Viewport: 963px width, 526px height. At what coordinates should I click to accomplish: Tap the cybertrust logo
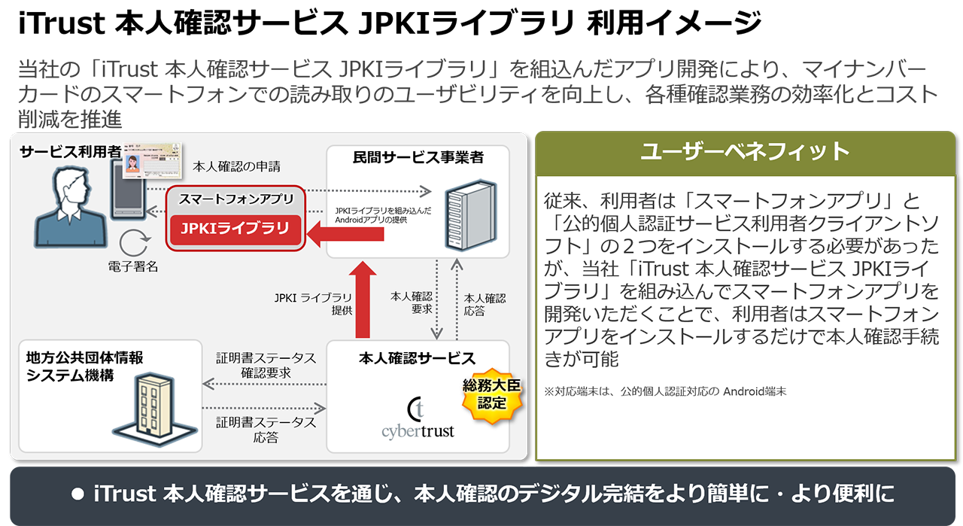click(418, 418)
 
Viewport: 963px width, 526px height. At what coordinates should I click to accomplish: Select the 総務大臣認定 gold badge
click(492, 395)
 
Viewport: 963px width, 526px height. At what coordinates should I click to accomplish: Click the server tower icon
click(470, 214)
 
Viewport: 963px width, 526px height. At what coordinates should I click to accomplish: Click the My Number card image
click(152, 160)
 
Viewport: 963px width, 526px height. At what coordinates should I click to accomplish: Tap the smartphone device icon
click(128, 189)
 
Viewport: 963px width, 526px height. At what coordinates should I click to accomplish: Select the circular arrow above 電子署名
click(134, 242)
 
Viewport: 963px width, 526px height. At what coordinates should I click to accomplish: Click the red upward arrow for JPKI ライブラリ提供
click(363, 299)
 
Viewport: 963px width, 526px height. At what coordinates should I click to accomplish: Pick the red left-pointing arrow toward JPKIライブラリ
click(345, 234)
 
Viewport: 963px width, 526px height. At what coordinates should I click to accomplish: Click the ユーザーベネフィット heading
click(745, 151)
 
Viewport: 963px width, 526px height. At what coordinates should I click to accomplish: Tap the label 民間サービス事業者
click(418, 157)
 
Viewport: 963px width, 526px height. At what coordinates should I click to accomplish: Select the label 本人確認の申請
click(236, 166)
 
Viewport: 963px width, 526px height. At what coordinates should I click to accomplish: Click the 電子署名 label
click(133, 266)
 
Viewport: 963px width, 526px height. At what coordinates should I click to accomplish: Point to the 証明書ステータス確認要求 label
click(266, 365)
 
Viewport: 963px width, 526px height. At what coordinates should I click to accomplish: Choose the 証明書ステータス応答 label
click(266, 430)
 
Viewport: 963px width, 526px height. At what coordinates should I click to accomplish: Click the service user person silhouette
click(71, 207)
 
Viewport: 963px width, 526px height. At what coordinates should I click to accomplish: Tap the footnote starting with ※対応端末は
click(665, 391)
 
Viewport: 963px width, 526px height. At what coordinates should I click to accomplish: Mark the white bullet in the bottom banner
click(77, 494)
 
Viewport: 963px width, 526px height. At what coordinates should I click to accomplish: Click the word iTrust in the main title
click(61, 23)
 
